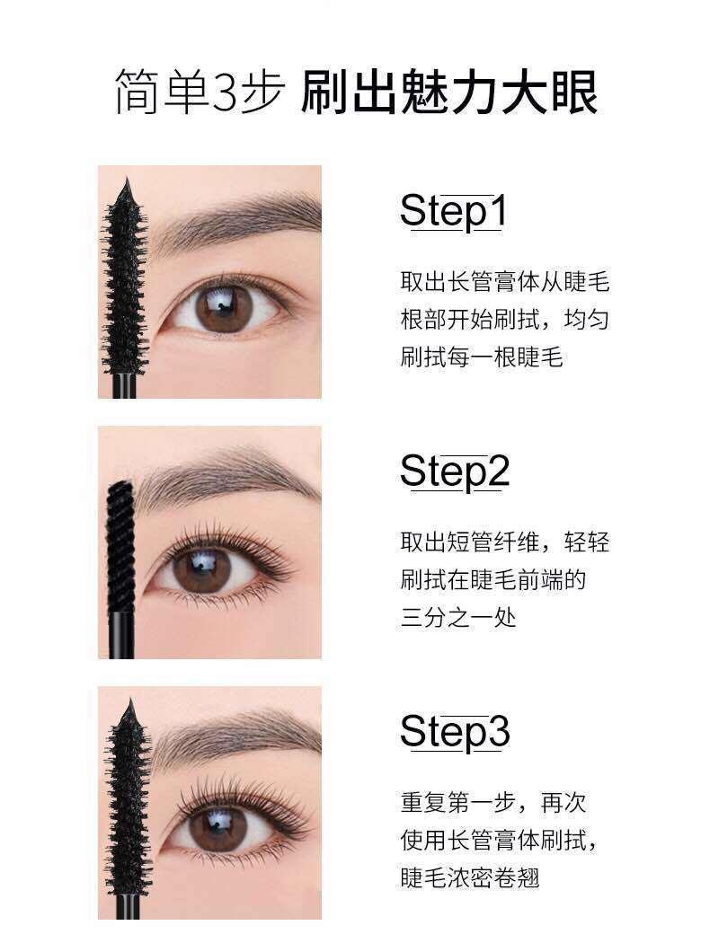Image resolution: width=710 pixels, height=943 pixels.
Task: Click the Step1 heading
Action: [x=453, y=211]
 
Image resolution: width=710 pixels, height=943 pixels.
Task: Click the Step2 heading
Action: [x=455, y=472]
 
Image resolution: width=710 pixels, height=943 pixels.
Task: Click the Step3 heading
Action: [x=455, y=732]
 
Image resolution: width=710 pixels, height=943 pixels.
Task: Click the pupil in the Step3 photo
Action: [x=217, y=824]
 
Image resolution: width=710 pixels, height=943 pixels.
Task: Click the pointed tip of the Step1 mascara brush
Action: [x=127, y=180]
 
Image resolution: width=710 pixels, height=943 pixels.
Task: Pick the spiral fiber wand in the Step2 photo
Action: [x=121, y=551]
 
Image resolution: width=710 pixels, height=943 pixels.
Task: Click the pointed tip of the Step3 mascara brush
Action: [x=129, y=701]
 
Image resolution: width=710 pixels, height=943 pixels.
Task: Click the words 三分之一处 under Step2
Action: [x=458, y=618]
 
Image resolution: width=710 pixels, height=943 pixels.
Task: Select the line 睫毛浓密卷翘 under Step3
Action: [x=470, y=877]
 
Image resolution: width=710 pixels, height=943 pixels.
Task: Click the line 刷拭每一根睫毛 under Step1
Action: [x=482, y=357]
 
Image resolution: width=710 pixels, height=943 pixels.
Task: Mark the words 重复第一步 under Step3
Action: [x=457, y=803]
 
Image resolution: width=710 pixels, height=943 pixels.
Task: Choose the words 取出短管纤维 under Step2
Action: [x=469, y=542]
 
